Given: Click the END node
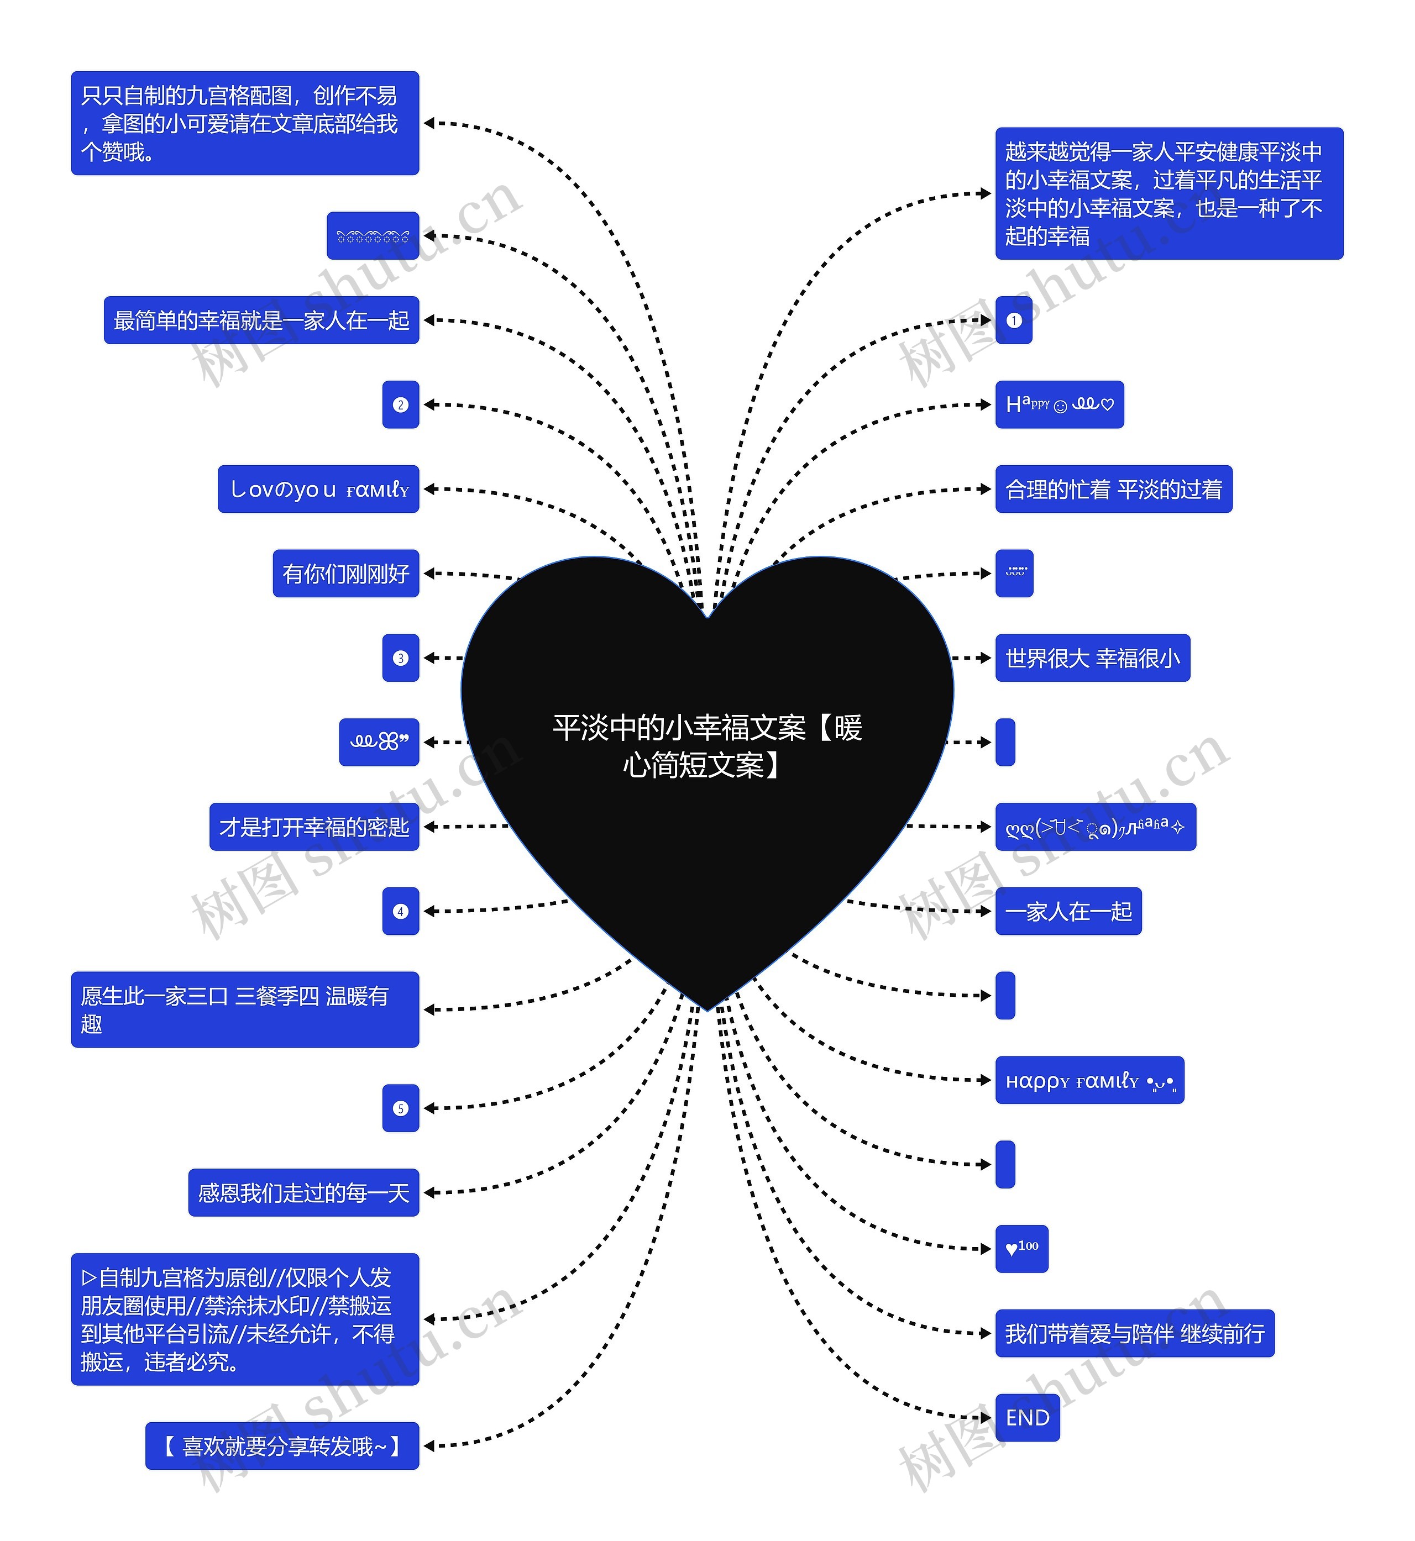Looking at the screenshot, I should (1027, 1418).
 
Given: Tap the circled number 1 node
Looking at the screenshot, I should (1014, 321).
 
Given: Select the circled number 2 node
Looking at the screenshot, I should (401, 405).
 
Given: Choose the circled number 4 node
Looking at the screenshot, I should (401, 911).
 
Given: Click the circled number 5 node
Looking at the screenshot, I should (401, 1108).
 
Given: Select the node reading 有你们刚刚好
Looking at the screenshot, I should (346, 574).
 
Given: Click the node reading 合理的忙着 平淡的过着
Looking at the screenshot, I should (1113, 489).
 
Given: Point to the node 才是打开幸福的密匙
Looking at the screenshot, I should (314, 827).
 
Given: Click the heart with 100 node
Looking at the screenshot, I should (1021, 1249).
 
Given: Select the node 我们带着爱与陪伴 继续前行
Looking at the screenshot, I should (1134, 1334).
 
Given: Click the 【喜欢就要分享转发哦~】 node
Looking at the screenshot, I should (282, 1446).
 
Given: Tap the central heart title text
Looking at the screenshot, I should (707, 745).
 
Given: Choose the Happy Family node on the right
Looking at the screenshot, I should (1089, 1080).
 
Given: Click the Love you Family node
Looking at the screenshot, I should (318, 489).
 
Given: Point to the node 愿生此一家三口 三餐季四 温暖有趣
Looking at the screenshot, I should (245, 1009).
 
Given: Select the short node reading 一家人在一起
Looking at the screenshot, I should (1068, 911).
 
